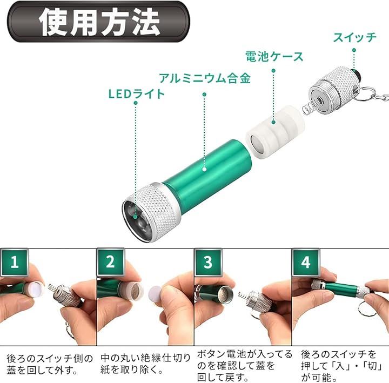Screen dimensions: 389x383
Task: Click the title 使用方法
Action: [x=99, y=22]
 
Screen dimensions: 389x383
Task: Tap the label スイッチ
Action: [x=354, y=37]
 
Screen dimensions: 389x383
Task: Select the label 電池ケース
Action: [x=274, y=57]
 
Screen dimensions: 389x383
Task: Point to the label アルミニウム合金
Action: [x=205, y=78]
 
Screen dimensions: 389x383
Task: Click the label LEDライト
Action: [x=137, y=94]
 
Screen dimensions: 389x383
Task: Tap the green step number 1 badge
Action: [x=15, y=262]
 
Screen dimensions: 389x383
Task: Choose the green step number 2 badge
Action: [x=110, y=262]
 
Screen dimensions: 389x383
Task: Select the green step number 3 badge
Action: [x=208, y=262]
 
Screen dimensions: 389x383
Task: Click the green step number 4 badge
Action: [x=305, y=262]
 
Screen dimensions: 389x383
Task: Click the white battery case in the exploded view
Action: [x=275, y=132]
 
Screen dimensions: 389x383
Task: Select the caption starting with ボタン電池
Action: [x=245, y=366]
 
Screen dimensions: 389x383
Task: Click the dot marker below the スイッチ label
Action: [x=354, y=50]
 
